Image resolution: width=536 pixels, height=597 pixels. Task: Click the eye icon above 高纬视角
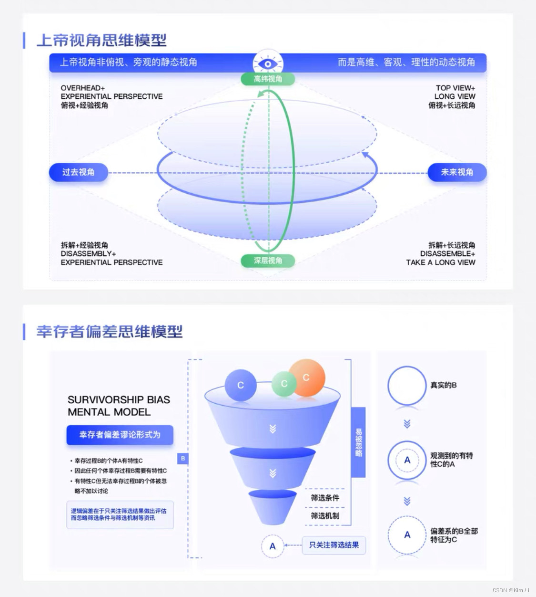tap(268, 64)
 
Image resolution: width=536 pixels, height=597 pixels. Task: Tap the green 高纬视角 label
tap(268, 79)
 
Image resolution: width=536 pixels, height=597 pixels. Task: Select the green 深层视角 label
tap(268, 261)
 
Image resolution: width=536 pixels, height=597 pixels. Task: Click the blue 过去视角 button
tap(79, 172)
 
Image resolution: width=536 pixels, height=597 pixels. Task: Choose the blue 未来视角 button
tap(457, 172)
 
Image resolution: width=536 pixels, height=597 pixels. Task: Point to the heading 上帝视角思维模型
tap(101, 40)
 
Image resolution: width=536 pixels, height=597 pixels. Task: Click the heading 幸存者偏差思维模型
tap(110, 331)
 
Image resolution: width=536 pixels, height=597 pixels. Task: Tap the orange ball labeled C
tap(307, 377)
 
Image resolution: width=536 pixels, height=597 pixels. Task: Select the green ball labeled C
tap(284, 384)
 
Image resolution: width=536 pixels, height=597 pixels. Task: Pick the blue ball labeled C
tap(241, 385)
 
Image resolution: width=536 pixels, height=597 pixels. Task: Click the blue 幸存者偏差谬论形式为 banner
tap(120, 435)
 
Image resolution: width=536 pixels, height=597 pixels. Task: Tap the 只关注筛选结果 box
tap(334, 545)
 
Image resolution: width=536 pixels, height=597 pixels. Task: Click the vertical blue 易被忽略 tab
tap(358, 442)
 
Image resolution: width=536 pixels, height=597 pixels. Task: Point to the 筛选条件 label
tap(325, 498)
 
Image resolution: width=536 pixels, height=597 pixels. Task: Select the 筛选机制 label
tap(325, 515)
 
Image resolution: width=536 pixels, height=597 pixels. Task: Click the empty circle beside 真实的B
tap(406, 386)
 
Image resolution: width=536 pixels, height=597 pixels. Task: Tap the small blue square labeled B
tap(183, 459)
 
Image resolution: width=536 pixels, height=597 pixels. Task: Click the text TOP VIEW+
tap(455, 88)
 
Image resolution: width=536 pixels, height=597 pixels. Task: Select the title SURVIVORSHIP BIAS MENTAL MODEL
tap(119, 406)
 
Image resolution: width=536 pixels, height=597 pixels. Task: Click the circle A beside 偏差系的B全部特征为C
tap(407, 535)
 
